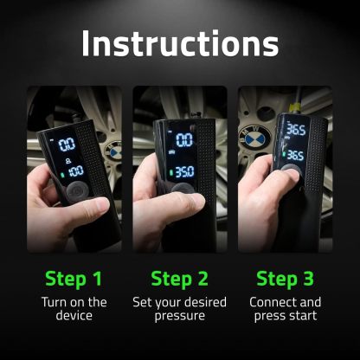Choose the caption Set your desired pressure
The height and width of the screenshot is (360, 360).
179,310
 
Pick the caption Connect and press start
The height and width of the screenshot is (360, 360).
285,310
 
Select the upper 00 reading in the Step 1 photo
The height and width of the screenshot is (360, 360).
67,144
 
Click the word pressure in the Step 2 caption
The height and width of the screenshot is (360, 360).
179,318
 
